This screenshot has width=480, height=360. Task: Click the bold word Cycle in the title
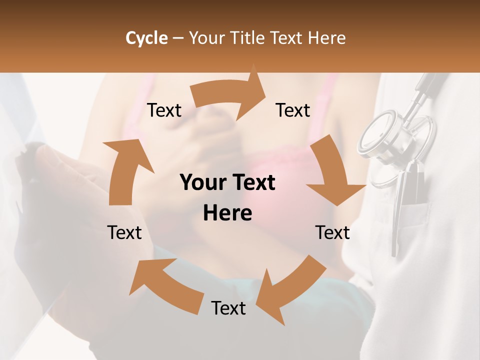[x=146, y=38]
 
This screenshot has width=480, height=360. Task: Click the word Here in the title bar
[x=326, y=38]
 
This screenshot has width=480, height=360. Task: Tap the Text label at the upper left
[x=164, y=110]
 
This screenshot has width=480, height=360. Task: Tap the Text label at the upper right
[x=293, y=110]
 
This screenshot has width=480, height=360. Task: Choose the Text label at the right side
[x=332, y=232]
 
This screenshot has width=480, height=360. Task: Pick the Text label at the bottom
[x=228, y=308]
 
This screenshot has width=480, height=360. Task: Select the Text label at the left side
[x=124, y=232]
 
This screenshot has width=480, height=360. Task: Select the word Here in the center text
[x=227, y=213]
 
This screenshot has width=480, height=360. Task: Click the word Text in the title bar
[x=287, y=38]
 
